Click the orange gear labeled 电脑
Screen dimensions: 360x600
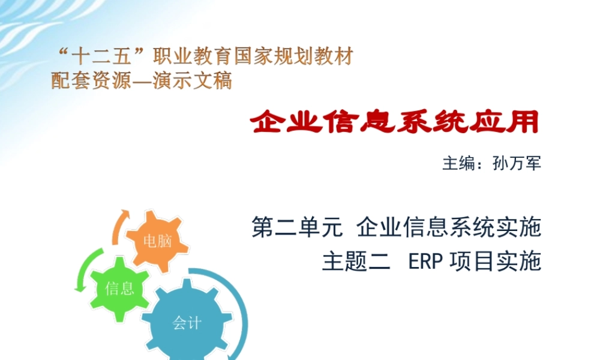158,241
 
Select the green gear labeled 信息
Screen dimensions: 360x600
119,289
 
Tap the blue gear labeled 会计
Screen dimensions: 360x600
187,323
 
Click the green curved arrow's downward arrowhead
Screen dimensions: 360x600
79,288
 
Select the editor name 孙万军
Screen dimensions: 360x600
517,163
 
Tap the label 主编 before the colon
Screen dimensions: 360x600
458,163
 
